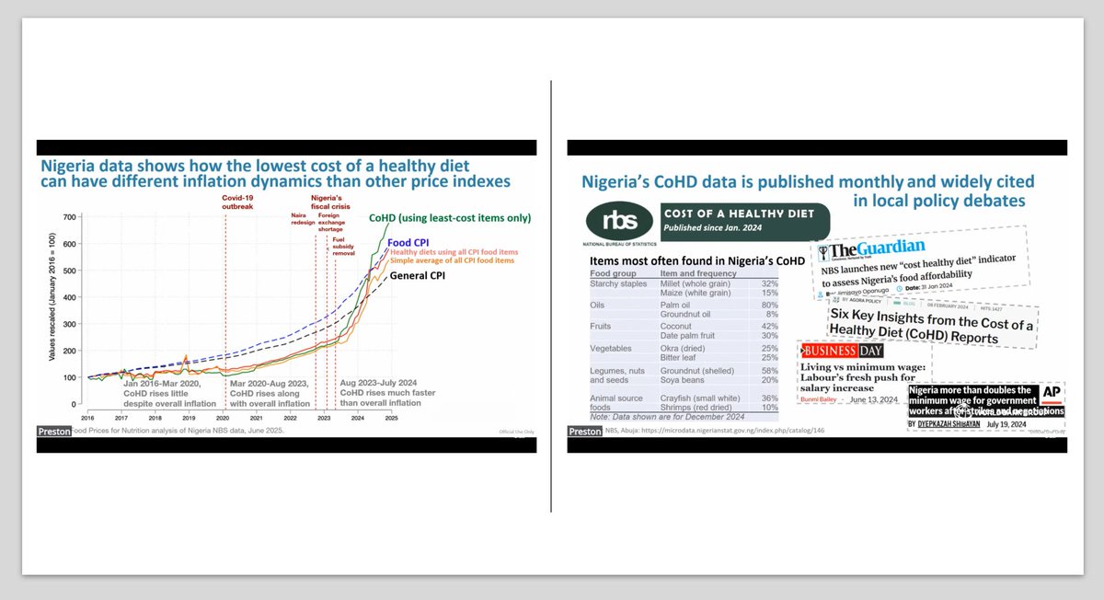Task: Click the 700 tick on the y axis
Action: [x=70, y=217]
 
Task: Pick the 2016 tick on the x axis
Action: [x=89, y=417]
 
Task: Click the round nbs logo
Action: [x=613, y=222]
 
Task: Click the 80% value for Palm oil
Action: [x=757, y=305]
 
